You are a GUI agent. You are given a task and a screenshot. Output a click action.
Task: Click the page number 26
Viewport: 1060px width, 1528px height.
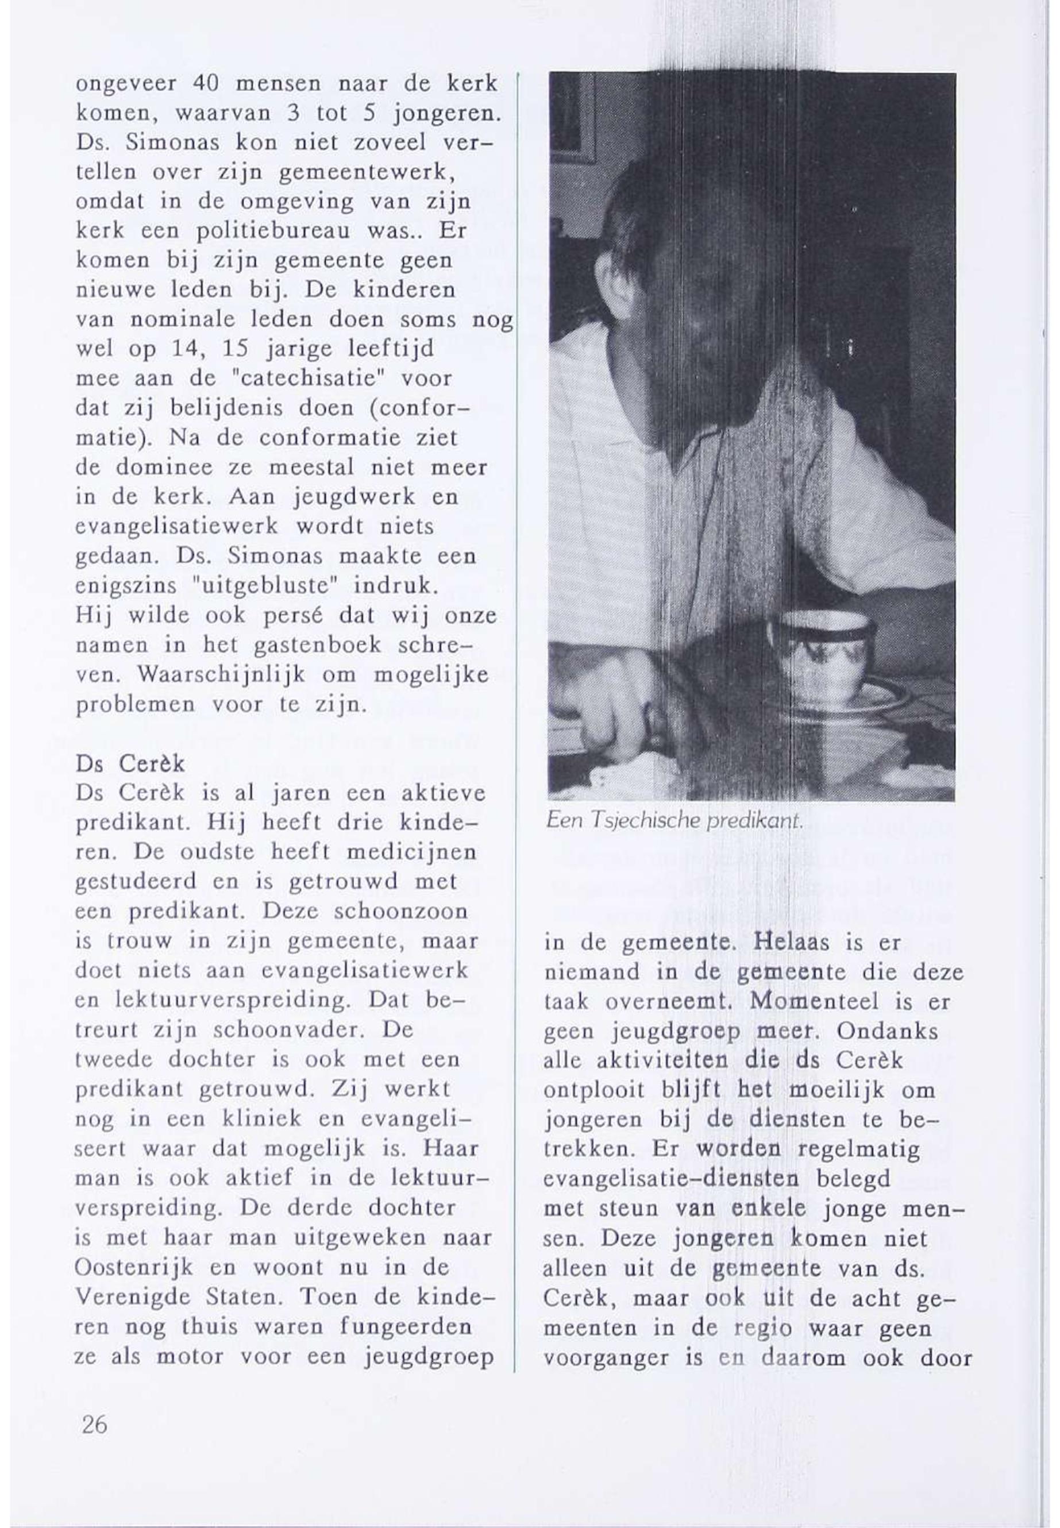point(94,1425)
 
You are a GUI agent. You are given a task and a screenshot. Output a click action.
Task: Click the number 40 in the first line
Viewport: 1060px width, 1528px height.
point(208,84)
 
